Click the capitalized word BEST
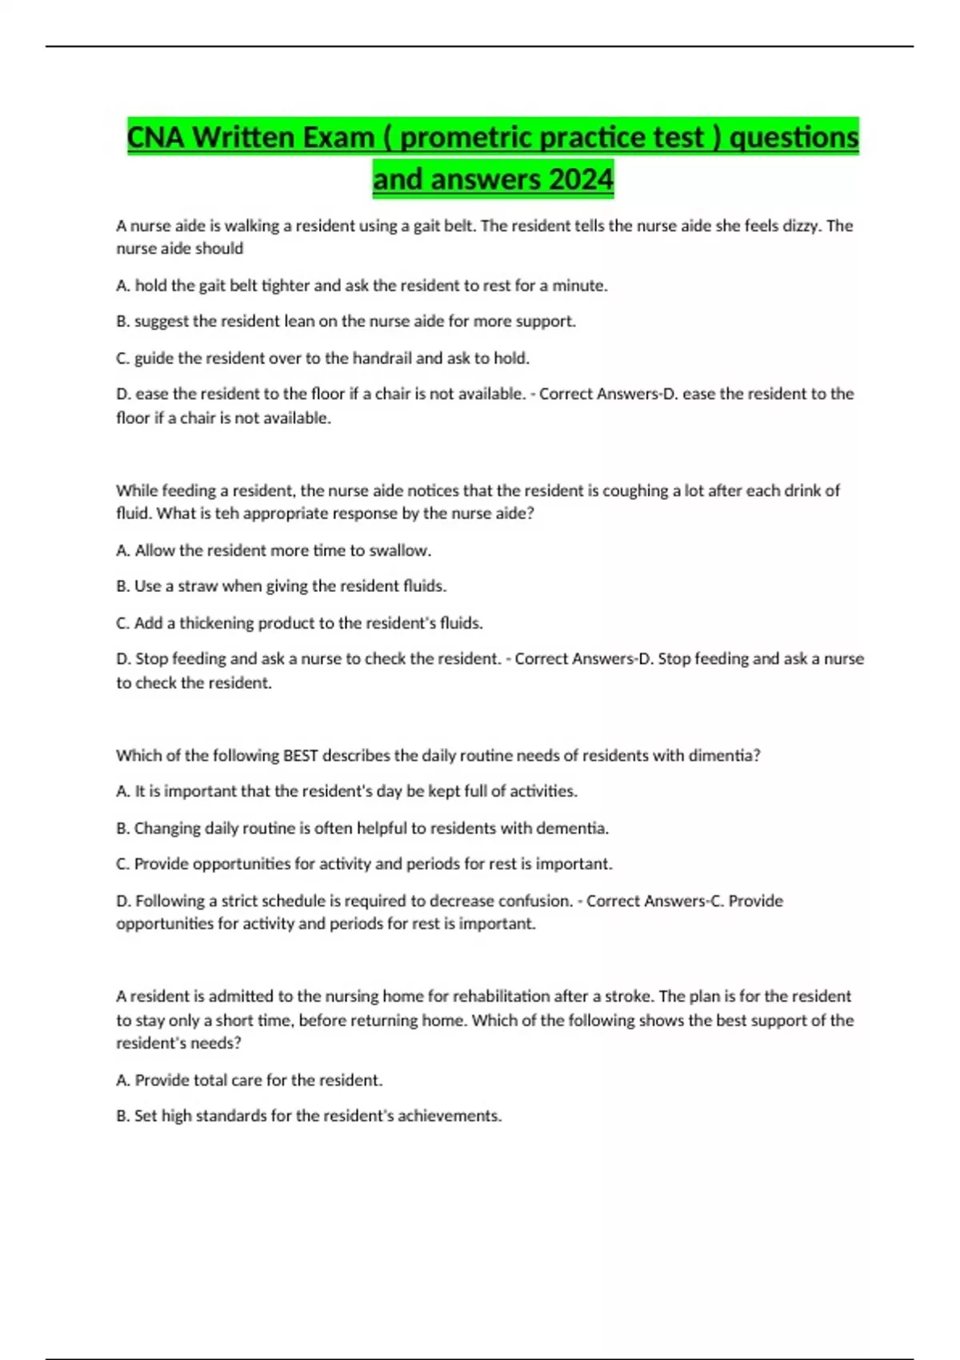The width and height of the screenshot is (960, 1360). point(300,756)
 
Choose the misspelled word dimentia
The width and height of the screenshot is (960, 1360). point(724,756)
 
